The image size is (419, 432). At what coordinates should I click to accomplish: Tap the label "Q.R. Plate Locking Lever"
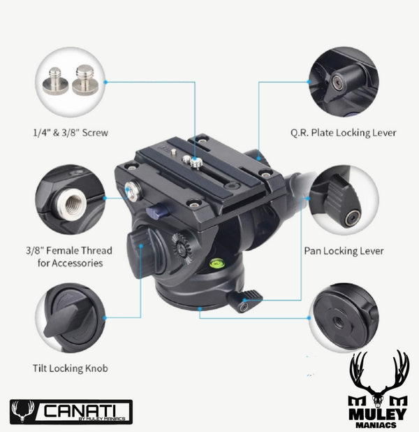click(x=343, y=132)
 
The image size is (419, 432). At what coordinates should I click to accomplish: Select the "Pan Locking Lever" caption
click(x=341, y=249)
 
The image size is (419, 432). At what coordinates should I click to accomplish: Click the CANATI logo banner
click(x=71, y=410)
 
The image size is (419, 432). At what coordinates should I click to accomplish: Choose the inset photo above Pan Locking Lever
click(x=343, y=201)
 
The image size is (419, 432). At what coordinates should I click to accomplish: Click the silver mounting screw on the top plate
click(x=196, y=163)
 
